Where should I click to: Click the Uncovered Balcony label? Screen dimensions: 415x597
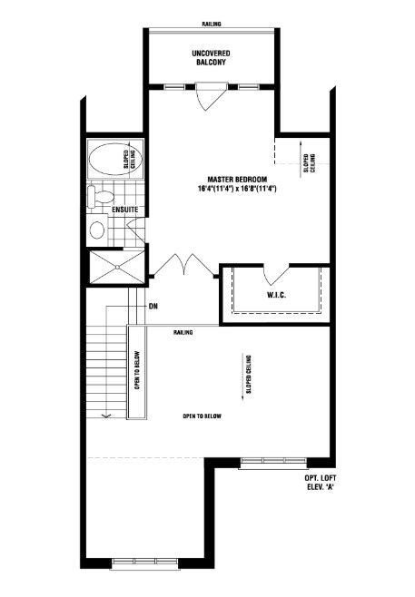click(211, 57)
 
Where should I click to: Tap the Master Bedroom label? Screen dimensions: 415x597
click(237, 179)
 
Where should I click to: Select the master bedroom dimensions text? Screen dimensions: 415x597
click(237, 188)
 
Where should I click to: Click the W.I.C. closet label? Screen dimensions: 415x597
click(276, 295)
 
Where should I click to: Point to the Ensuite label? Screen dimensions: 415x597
click(125, 210)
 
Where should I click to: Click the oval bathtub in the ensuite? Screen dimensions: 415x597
click(115, 159)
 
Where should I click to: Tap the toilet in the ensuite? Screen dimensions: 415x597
click(100, 197)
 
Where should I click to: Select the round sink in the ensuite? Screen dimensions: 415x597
click(97, 230)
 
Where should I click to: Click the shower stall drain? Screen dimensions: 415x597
click(117, 268)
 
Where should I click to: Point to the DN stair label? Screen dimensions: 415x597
click(153, 306)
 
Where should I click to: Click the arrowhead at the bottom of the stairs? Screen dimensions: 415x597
click(106, 416)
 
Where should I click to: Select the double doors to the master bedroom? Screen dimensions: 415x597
click(184, 265)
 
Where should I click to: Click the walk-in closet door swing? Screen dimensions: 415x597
click(276, 275)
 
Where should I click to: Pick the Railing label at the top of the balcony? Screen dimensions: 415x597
click(211, 24)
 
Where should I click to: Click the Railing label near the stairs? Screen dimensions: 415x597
click(183, 332)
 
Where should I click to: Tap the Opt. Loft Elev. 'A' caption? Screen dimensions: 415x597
click(321, 483)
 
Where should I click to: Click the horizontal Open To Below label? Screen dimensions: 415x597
click(202, 416)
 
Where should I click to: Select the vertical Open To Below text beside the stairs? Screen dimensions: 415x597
click(137, 370)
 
